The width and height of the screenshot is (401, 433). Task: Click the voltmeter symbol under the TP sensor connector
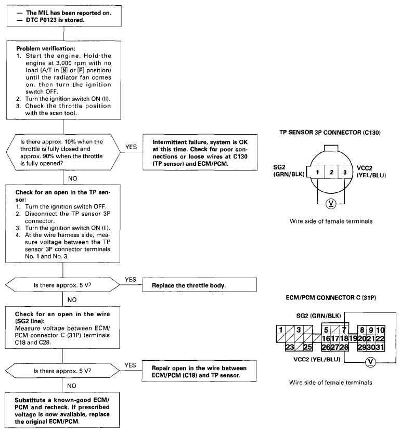point(331,204)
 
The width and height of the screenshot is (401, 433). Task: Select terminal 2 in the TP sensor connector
point(331,173)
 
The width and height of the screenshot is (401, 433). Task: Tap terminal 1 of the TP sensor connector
point(317,173)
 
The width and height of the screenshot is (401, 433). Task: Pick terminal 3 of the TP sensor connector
point(345,173)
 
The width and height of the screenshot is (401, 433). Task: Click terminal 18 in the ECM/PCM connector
point(344,338)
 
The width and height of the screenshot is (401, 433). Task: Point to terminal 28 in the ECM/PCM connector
point(344,347)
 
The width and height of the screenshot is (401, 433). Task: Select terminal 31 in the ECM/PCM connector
point(380,347)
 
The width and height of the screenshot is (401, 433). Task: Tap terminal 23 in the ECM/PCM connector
point(290,347)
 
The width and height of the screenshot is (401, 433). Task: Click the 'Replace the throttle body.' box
point(199,285)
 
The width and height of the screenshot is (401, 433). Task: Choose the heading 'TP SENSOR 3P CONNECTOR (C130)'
point(330,132)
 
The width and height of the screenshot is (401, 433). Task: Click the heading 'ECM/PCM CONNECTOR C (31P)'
point(331,298)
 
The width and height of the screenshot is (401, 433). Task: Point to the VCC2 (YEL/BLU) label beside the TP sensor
point(371,172)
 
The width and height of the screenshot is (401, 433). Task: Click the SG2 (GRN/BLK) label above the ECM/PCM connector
point(318,316)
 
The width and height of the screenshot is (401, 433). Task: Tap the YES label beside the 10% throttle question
point(131,147)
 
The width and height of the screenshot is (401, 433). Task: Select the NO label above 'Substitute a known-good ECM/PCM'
point(72,386)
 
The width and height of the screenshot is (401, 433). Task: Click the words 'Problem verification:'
point(46,49)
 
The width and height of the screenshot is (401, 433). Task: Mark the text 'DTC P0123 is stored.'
point(55,20)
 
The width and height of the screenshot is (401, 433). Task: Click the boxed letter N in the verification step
point(64,70)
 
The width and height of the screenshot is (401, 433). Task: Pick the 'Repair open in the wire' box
point(199,371)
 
